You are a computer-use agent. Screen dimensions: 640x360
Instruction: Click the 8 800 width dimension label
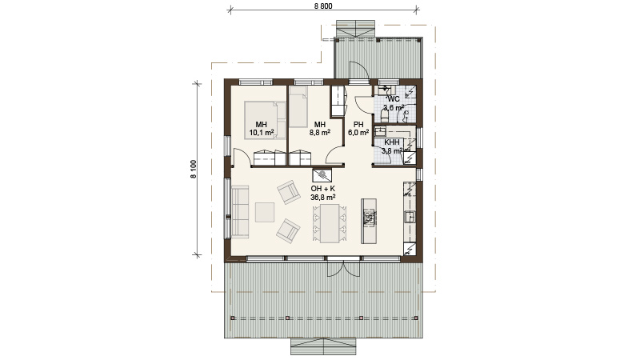point(323,6)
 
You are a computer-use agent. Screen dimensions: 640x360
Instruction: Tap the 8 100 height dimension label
point(194,169)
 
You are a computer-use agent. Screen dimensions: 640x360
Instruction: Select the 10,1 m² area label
point(262,133)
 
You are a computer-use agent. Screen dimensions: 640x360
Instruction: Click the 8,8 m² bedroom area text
point(319,133)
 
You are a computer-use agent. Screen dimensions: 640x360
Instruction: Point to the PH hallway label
point(358,125)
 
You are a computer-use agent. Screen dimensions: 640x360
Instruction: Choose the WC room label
point(394,99)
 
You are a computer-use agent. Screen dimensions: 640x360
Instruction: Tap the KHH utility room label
point(392,142)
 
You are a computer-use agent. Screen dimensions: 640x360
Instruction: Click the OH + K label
point(323,189)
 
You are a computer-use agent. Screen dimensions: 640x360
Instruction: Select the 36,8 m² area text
point(323,197)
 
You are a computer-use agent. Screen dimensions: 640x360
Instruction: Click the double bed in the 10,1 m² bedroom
point(265,121)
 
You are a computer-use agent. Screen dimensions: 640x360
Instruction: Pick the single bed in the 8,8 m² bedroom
point(298,107)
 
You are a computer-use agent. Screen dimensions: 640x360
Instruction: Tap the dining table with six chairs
point(330,223)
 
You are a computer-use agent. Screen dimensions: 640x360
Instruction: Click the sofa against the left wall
point(241,211)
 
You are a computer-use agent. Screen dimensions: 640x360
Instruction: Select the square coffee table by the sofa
point(265,212)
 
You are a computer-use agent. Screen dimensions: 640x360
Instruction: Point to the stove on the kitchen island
point(369,218)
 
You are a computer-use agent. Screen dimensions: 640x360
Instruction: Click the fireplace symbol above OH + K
point(322,175)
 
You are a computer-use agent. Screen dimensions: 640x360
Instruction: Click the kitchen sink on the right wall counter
point(410,217)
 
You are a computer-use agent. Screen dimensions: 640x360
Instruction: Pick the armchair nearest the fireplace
point(289,192)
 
